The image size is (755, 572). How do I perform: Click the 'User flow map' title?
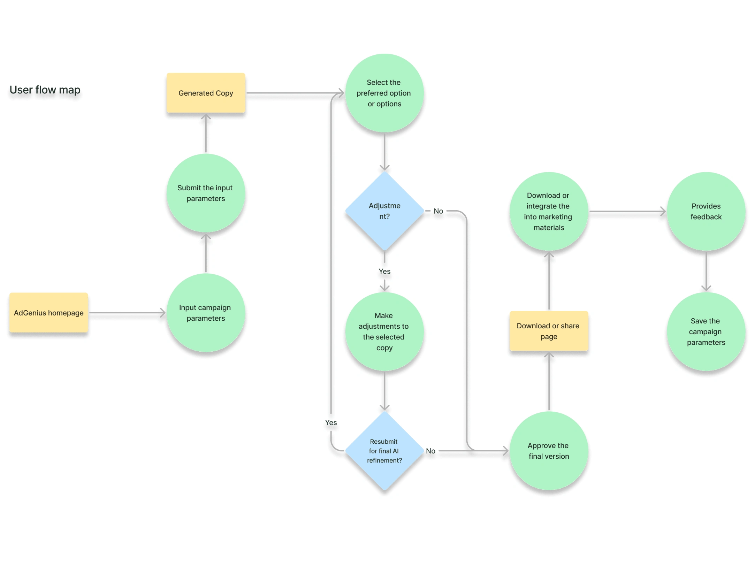click(x=45, y=90)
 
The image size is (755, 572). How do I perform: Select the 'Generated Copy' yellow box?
click(x=206, y=93)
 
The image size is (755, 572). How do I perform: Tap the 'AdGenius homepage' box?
click(x=48, y=313)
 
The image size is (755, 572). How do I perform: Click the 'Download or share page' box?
click(x=549, y=331)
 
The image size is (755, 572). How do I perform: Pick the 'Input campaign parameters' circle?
click(x=206, y=313)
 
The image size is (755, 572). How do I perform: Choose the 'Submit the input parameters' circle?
click(x=206, y=193)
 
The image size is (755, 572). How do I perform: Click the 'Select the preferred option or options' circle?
click(x=384, y=93)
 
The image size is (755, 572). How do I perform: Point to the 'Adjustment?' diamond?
click(x=384, y=211)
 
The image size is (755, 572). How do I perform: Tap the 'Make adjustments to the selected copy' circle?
click(x=384, y=331)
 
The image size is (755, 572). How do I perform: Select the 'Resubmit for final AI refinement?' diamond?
click(x=384, y=451)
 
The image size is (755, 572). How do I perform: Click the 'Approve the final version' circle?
click(x=549, y=451)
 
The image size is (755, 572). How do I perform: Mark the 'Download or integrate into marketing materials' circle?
click(x=549, y=211)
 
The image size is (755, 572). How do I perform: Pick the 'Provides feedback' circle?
click(x=706, y=211)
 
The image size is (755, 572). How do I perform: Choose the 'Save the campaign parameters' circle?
click(x=706, y=331)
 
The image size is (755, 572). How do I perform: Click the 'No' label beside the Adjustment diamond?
click(x=438, y=211)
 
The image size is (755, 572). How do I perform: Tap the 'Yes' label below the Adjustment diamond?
click(x=384, y=271)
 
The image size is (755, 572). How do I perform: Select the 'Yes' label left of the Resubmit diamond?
click(x=331, y=422)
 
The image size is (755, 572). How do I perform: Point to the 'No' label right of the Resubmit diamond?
click(x=430, y=451)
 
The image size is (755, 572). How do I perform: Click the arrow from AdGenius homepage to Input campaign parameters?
click(x=127, y=313)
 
